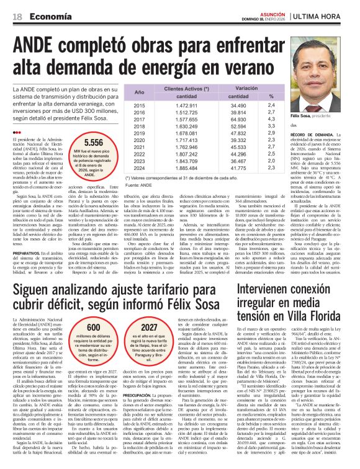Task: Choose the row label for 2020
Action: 140,140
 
